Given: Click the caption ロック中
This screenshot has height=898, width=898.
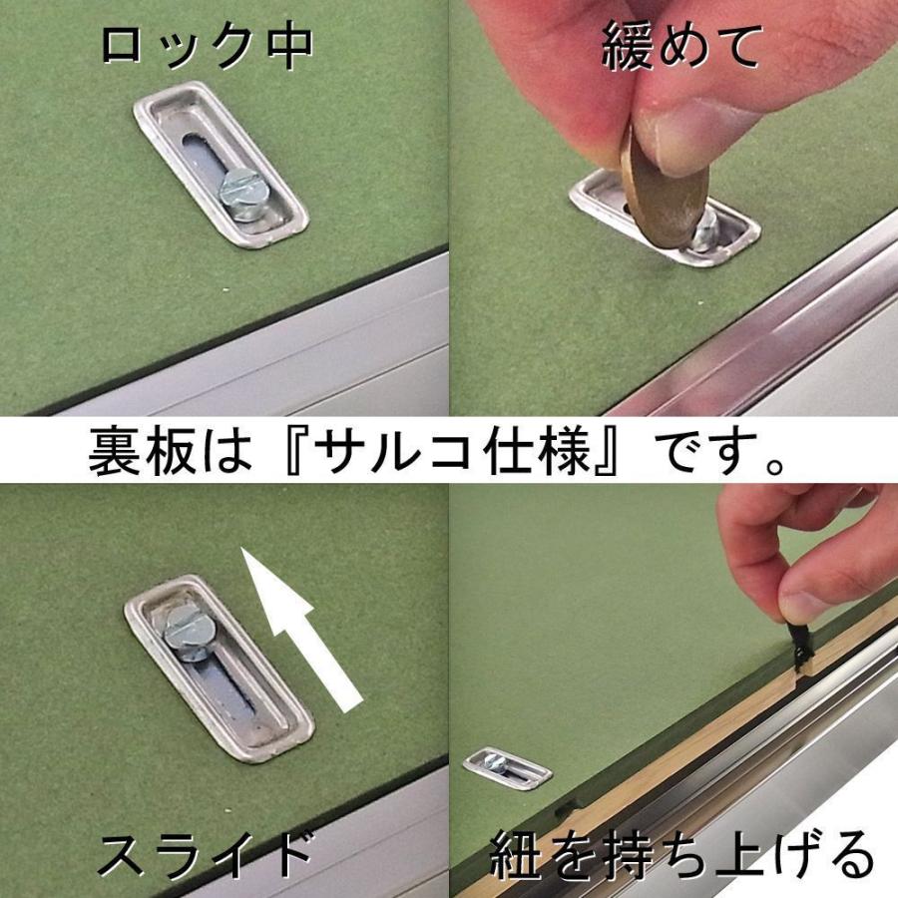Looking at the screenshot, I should [208, 46].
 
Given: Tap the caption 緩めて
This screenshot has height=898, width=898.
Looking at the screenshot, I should [681, 46].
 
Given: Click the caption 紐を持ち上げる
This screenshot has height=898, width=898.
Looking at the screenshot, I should [681, 855].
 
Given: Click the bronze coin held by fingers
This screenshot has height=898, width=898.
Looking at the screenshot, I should [665, 195].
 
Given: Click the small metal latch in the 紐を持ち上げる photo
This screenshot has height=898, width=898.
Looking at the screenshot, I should [507, 767].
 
